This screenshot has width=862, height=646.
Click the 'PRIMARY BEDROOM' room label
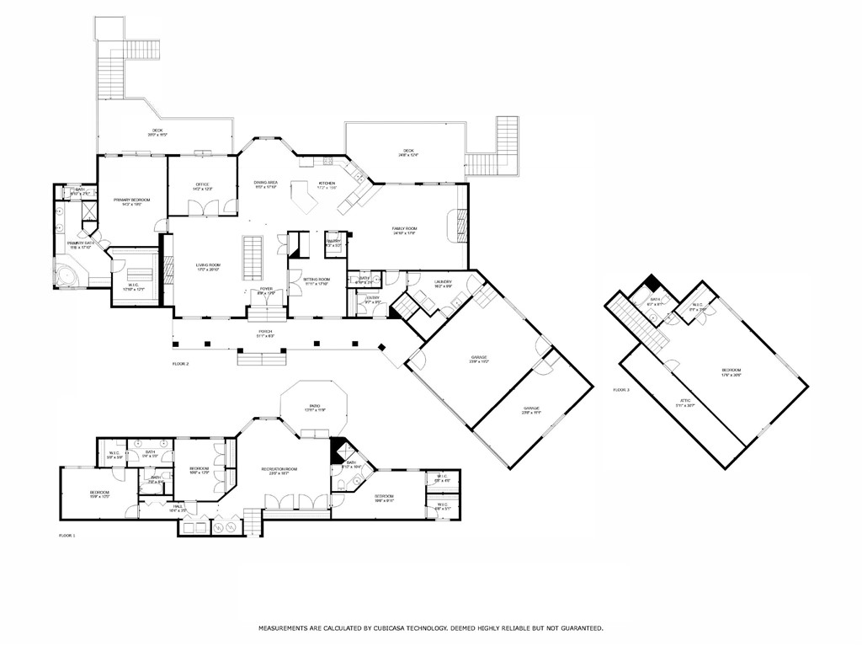(131, 200)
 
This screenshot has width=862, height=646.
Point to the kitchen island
(302, 198)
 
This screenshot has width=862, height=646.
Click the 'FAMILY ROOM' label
(404, 228)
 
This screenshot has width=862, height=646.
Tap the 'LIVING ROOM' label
(207, 266)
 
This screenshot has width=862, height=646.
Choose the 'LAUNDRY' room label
(443, 281)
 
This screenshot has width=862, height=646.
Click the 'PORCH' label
(265, 332)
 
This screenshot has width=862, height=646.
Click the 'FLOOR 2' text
(180, 364)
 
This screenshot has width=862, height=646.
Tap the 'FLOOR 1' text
(67, 535)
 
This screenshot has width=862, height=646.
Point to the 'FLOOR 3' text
(621, 390)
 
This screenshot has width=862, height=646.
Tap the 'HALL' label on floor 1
(178, 506)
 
